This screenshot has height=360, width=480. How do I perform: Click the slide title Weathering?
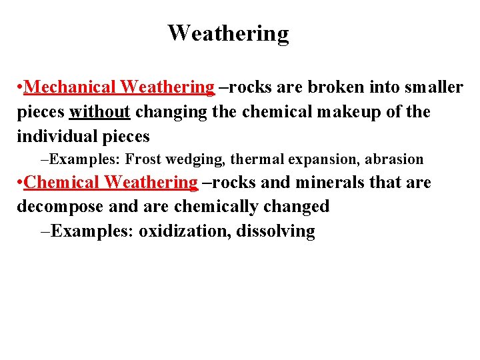pos(228,33)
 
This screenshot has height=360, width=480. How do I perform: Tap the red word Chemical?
pos(61,182)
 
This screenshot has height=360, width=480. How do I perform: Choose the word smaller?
pos(433,87)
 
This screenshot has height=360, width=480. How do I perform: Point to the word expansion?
pos(319,160)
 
